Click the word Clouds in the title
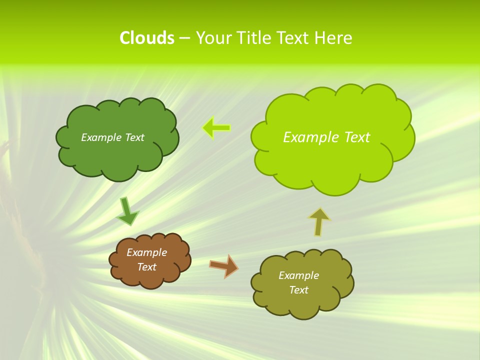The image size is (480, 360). pos(147,38)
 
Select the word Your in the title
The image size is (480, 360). pos(211,38)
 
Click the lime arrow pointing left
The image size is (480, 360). pos(216,128)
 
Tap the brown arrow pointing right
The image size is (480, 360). pos(224,265)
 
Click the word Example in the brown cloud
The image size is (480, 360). pos(146,252)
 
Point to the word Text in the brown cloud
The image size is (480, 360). pos(147,267)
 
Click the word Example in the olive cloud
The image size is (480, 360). pos(298,275)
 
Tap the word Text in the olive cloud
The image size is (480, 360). pos(298,290)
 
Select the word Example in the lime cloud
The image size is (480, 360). pos(309,137)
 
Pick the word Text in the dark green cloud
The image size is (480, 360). pos(134,137)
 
